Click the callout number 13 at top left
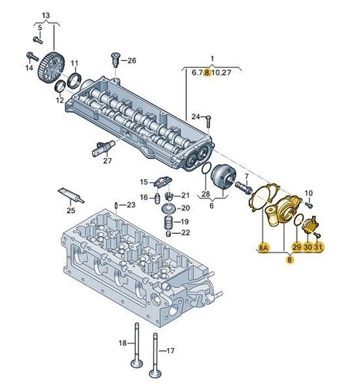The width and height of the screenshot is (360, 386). pos(46,15)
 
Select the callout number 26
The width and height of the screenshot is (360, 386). pos(131,60)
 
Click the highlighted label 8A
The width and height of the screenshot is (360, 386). pos(263,248)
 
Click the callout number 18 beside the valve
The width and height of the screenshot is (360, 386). pos(122,342)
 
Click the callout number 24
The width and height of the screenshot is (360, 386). pos(196,117)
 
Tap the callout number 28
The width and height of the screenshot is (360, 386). pos(205,194)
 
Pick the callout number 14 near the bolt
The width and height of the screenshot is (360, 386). pos(28,68)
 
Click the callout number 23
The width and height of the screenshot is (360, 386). pos(131,205)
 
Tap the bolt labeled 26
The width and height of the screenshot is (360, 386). pos(114,59)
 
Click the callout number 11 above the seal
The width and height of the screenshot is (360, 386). pos(75,63)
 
